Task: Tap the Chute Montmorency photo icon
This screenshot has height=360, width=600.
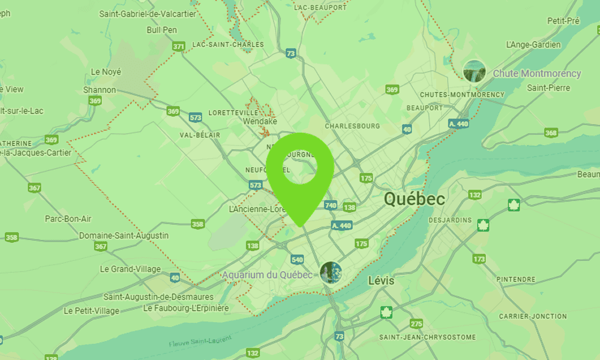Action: tap(475, 71)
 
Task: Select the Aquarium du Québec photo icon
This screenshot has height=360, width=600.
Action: tap(331, 272)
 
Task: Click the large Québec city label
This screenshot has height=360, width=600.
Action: tap(415, 199)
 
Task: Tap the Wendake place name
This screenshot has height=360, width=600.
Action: tap(260, 121)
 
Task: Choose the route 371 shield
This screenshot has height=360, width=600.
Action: tap(178, 46)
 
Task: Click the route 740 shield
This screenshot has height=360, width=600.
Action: tap(331, 205)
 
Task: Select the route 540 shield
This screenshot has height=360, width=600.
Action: tap(297, 259)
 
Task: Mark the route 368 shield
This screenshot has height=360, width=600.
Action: tap(551, 133)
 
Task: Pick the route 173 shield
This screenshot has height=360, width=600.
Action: tap(479, 259)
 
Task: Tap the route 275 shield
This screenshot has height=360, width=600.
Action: tap(416, 323)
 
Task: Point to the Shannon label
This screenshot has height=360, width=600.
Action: tap(100, 90)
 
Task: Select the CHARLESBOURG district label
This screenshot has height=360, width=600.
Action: tap(353, 127)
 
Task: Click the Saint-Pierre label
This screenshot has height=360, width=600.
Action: tap(548, 88)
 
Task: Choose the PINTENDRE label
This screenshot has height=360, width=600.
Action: tap(516, 280)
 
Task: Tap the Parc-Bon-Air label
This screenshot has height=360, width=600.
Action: tap(68, 218)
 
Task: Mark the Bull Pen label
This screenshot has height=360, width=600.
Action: tap(161, 29)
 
